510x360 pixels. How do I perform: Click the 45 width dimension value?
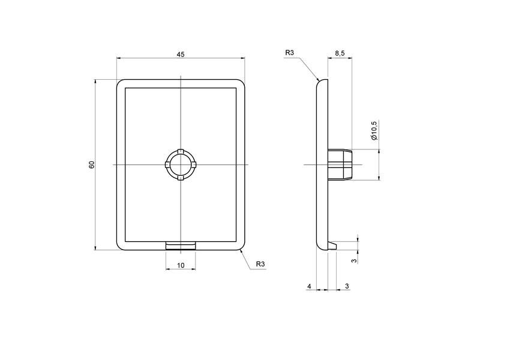181,54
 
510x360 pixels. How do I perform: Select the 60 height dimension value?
92,164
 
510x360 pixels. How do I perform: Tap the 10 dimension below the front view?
181,265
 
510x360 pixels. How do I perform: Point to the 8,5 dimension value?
340,54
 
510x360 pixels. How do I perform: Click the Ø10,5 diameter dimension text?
374,130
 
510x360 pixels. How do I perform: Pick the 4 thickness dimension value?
309,287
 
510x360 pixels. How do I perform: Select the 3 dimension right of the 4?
347,287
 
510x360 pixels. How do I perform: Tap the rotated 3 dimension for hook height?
354,260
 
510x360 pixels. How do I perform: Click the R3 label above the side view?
290,53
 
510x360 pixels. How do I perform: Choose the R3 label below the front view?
260,265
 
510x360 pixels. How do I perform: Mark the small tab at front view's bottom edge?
181,245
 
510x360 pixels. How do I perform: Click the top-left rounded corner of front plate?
119,82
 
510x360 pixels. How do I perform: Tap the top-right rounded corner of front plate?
242,82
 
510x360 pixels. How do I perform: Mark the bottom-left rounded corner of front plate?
119,247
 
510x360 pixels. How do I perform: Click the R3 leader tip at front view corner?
240,250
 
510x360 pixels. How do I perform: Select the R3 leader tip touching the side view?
318,80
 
